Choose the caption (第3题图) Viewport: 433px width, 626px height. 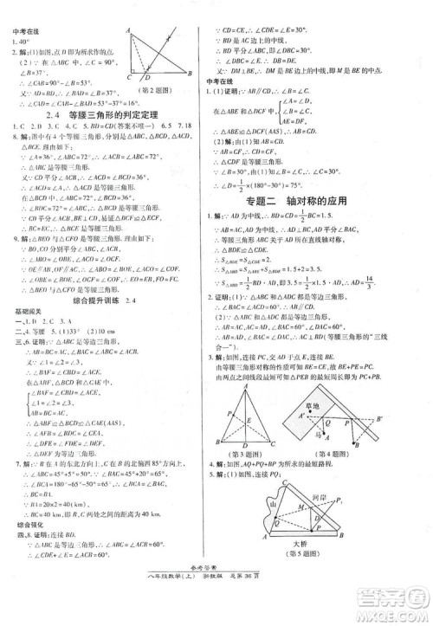(244, 455)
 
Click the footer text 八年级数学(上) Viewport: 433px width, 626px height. (180, 597)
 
